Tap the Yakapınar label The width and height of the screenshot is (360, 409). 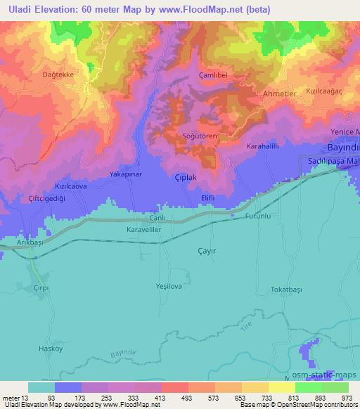[126, 172]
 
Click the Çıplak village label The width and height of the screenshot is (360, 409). [185, 178]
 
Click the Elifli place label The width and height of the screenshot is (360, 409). [207, 199]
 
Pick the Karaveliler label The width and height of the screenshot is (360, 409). [145, 230]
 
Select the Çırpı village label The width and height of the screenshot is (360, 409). [44, 289]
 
